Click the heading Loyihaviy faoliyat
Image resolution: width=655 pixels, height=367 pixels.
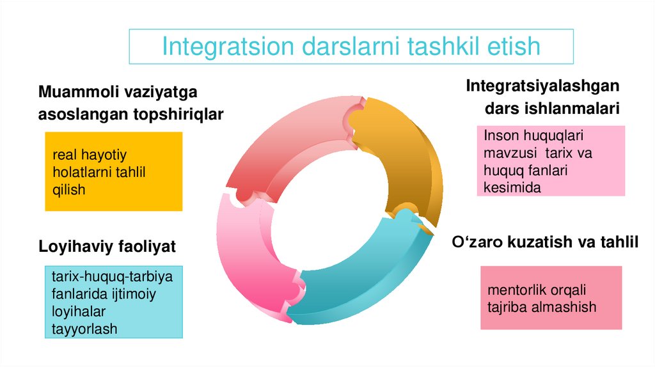click(107, 246)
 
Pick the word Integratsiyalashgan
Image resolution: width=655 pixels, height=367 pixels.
click(542, 85)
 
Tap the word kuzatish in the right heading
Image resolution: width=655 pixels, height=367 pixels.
click(532, 242)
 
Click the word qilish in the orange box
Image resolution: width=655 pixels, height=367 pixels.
click(69, 189)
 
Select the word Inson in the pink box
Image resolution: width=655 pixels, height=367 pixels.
click(501, 136)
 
